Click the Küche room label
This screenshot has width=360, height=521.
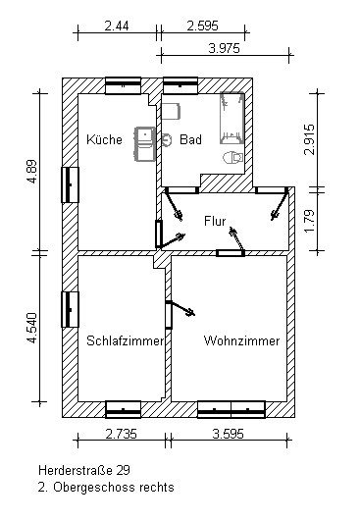(104, 139)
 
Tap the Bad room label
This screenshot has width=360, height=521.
(190, 139)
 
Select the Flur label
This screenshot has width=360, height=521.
(215, 221)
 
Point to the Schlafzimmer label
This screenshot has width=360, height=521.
(126, 340)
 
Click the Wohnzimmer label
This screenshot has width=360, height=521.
(241, 340)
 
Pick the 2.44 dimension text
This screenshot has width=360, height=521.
(117, 26)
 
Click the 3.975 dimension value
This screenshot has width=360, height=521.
(225, 48)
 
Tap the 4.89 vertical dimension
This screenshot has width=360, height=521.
(32, 172)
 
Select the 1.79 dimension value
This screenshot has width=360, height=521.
(309, 222)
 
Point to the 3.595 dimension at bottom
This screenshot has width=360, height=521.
(229, 434)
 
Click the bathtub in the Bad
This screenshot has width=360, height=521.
(232, 119)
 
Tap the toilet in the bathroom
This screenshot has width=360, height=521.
(232, 158)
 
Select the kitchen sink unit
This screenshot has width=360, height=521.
(145, 144)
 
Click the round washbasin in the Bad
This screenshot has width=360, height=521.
(167, 140)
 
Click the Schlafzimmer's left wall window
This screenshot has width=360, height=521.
(70, 309)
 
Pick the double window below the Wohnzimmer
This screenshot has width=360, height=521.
(231, 409)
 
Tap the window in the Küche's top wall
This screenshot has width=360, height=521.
(124, 85)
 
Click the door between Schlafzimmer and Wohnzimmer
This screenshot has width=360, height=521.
(169, 315)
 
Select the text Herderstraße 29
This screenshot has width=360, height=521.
(84, 470)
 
